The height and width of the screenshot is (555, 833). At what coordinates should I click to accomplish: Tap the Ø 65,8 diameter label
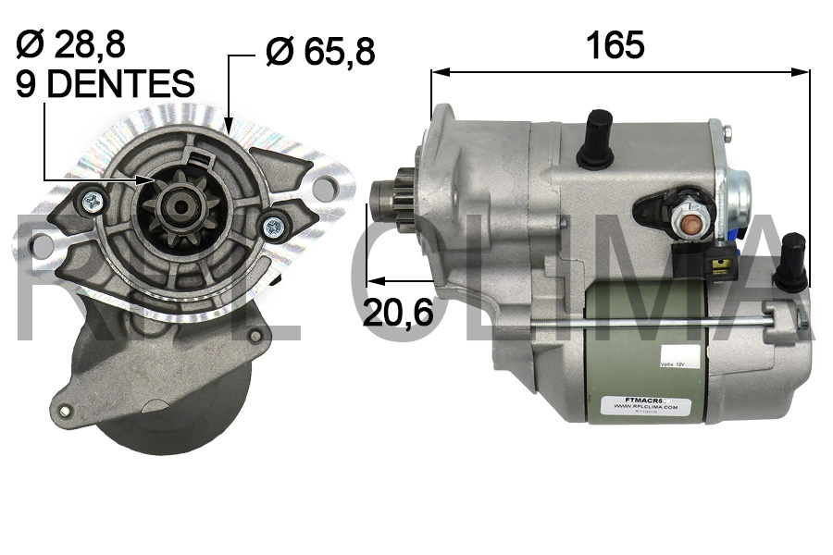320,51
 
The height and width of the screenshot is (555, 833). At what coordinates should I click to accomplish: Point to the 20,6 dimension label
398,313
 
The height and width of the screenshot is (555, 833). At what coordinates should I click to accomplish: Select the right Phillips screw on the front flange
273,226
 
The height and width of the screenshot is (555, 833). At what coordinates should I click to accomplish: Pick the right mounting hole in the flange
323,190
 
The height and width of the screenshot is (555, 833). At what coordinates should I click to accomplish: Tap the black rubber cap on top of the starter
598,139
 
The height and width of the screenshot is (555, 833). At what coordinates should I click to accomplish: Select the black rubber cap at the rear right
792,262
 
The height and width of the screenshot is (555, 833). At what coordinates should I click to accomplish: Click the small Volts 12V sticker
674,366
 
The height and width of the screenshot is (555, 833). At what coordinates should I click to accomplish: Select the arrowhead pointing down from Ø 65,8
229,121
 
